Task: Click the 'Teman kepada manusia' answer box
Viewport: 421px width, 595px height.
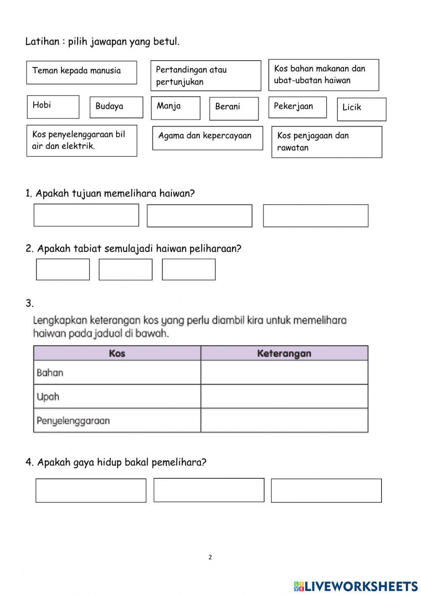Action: [x=81, y=72]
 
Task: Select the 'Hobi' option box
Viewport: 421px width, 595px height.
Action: [x=53, y=107]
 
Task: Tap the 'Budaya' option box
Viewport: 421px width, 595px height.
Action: [x=116, y=107]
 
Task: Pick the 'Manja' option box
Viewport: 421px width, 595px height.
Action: [x=175, y=107]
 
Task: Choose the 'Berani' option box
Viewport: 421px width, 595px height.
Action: [x=234, y=108]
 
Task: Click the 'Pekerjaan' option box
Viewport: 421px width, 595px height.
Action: [x=297, y=107]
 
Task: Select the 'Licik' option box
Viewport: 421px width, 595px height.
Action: [x=361, y=109]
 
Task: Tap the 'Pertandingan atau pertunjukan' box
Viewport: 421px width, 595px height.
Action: [x=205, y=76]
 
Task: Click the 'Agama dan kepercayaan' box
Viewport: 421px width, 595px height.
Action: [x=207, y=138]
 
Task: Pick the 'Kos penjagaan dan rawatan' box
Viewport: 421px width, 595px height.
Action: [x=326, y=142]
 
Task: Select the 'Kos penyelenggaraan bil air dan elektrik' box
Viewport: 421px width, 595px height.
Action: [x=82, y=141]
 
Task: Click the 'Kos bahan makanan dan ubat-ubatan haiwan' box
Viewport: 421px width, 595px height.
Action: [x=323, y=75]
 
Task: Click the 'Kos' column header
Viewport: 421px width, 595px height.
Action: [x=117, y=353]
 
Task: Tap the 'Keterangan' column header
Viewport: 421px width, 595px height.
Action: [x=284, y=353]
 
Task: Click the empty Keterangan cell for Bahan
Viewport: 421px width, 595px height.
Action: [x=284, y=373]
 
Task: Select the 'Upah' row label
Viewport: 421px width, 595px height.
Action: [x=48, y=397]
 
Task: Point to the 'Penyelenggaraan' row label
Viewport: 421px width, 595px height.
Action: [x=73, y=421]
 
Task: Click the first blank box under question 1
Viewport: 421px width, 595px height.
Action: [x=86, y=215]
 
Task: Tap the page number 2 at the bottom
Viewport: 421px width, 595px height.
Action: [x=210, y=558]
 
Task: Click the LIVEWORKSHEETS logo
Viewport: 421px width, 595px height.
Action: [x=356, y=586]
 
